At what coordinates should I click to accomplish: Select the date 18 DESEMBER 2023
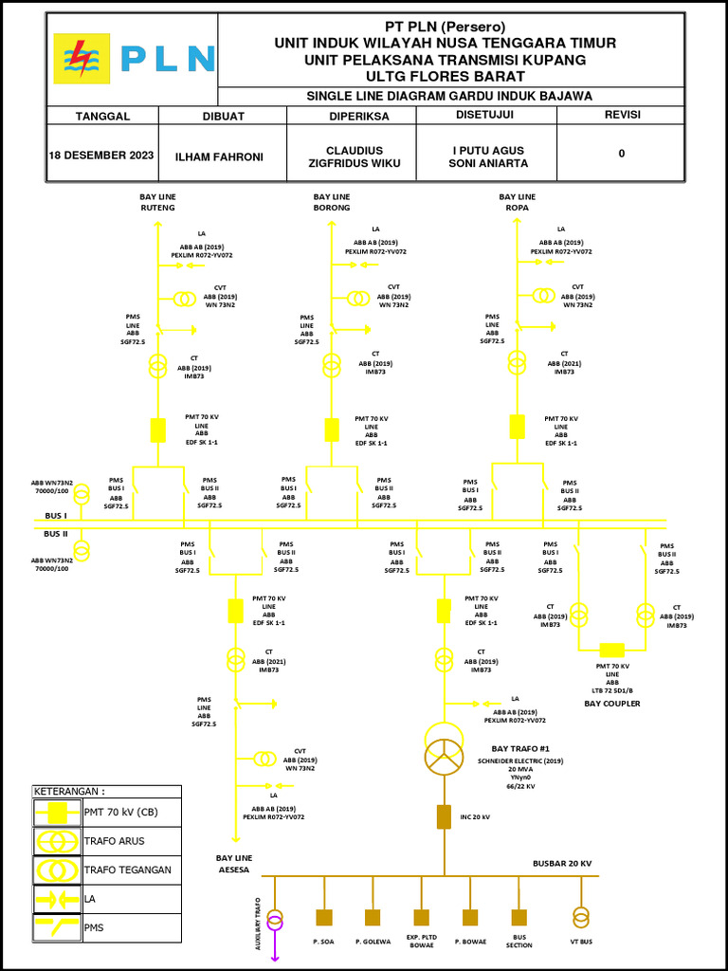coord(101,155)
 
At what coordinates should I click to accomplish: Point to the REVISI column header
coord(622,116)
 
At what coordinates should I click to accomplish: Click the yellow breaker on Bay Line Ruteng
coord(158,430)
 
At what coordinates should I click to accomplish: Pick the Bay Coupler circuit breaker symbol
coord(612,650)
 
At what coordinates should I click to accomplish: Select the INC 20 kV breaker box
coord(443,815)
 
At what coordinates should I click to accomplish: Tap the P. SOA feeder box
coord(324,917)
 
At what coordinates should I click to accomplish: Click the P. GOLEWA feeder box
coord(373,917)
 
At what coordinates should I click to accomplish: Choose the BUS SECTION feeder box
coord(519,917)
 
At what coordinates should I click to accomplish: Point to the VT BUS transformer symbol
coord(579,917)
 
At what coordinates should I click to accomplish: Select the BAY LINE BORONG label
coord(332,202)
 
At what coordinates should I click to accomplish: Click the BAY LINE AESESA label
coord(233,863)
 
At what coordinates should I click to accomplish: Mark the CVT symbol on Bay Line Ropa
coord(543,294)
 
